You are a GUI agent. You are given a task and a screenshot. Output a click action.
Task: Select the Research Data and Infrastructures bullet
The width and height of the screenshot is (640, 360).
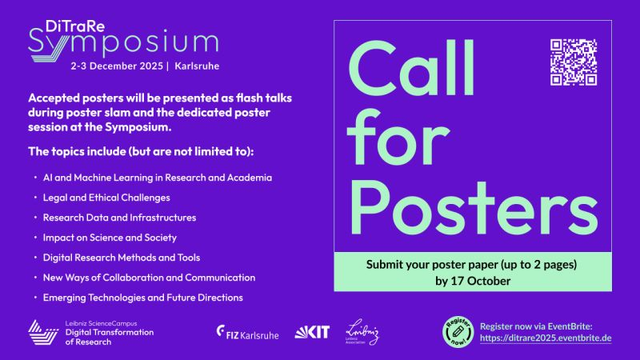(119, 217)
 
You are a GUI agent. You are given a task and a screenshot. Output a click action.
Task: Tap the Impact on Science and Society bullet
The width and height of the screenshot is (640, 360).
(109, 237)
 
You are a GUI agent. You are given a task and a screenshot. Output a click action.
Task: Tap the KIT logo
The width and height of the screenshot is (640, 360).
(312, 330)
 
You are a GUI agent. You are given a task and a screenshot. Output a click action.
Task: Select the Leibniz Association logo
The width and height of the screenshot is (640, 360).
(362, 330)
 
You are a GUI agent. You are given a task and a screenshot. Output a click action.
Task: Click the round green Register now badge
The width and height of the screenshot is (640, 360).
(460, 330)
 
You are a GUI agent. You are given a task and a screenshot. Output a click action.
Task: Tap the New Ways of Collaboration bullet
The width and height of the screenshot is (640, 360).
(149, 277)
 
